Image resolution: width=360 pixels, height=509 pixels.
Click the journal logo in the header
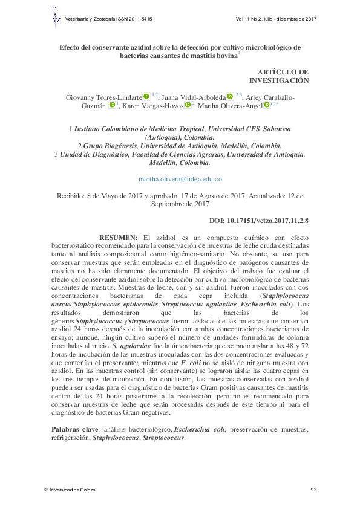pos(56,19)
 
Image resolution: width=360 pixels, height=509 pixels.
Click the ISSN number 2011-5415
pos(140,19)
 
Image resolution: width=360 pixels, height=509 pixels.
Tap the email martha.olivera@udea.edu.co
pos(180,179)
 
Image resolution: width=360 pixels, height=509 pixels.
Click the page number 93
pos(313,490)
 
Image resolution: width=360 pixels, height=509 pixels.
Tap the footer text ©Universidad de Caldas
pos(69,490)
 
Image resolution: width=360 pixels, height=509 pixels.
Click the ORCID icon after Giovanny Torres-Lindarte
pos(147,96)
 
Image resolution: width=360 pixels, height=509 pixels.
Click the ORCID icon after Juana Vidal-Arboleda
pos(231,96)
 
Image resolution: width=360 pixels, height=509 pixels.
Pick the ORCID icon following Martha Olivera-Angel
pos(267,106)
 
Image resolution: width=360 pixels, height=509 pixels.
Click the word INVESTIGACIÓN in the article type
pos(279,80)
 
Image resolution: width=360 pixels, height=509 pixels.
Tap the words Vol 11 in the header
pos(244,19)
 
